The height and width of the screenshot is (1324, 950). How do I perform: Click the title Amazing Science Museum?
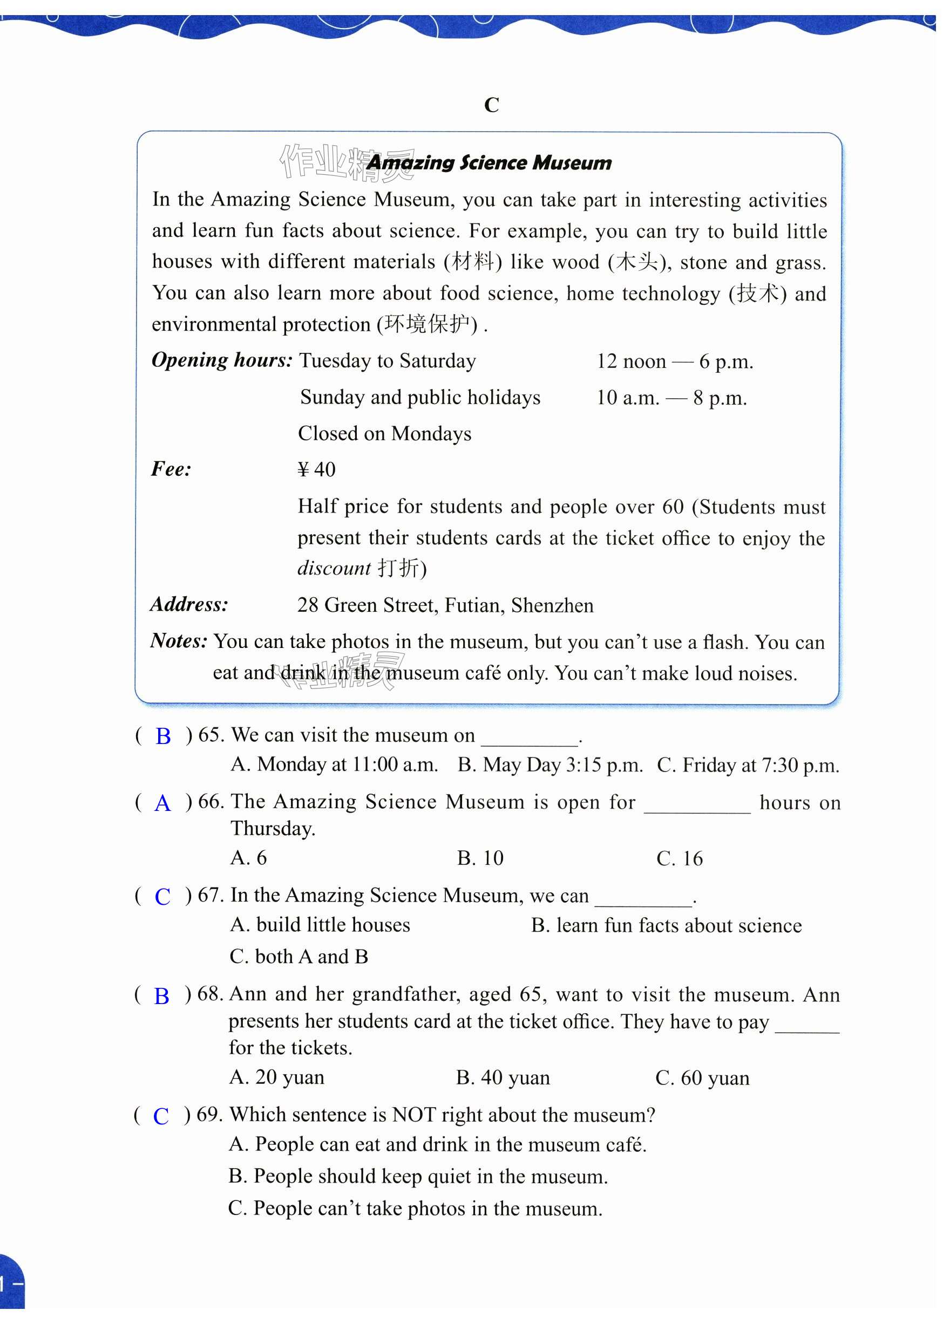coord(490,162)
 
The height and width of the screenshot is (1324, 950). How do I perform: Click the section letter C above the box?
coord(491,105)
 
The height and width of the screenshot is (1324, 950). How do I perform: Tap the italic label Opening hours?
coord(222,360)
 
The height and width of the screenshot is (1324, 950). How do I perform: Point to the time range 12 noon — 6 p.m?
coord(674,361)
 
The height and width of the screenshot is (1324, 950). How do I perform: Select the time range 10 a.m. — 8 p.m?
coord(671,398)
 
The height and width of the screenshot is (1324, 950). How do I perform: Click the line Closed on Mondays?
coord(384,434)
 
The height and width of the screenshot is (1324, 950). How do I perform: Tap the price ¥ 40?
coord(316,469)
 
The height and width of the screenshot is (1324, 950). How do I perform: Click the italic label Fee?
coord(171,469)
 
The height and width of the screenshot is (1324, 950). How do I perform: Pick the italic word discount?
coord(334,568)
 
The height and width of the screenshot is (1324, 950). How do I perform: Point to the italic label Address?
coord(189,604)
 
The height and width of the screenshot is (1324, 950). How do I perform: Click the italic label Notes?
coord(179,641)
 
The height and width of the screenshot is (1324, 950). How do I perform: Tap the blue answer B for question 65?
coord(163,736)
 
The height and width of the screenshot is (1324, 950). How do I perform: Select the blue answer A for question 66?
coord(162,804)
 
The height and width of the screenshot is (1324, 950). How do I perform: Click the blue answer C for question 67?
coord(162,897)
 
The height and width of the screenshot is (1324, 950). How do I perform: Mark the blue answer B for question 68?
coord(161,996)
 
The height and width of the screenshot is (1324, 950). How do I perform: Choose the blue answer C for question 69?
coord(160,1116)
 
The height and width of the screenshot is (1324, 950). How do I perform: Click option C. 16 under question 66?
coord(679,858)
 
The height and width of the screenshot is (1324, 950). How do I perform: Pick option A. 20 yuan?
coord(277,1077)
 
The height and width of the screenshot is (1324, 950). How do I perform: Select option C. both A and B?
coord(299,957)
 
